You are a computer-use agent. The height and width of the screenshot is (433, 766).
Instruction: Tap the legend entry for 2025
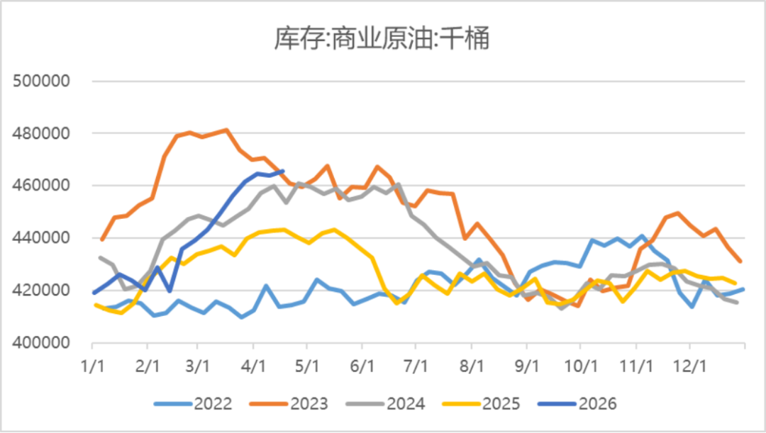481,404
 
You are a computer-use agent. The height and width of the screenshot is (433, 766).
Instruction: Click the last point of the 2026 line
283,171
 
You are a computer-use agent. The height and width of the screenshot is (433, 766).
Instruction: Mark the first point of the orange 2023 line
101,240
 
